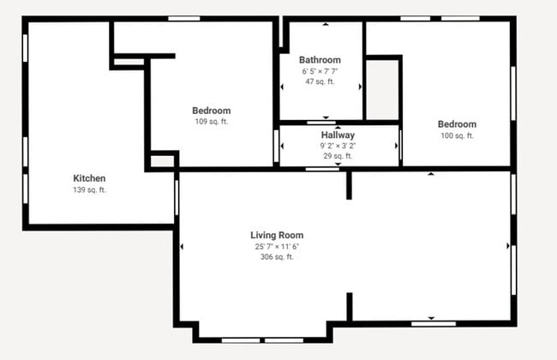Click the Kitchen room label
[89, 178]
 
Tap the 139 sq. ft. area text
[89, 189]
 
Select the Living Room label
[277, 235]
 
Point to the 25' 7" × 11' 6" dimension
[277, 246]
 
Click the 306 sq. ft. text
[277, 256]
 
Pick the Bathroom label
[320, 60]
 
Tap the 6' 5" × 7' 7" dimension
[320, 71]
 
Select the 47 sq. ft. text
[320, 81]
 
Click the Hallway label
[338, 135]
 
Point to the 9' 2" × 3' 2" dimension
[338, 146]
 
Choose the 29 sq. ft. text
[338, 156]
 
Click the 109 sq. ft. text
[211, 121]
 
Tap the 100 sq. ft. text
[457, 135]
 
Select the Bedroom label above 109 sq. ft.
[211, 111]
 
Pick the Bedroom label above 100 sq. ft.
[457, 124]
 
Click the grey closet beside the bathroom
[382, 89]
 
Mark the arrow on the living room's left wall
[182, 247]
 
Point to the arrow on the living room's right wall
[508, 247]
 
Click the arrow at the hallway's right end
[396, 146]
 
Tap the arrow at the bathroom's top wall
[325, 25]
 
